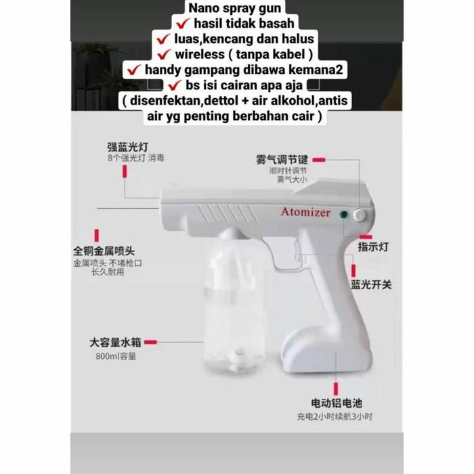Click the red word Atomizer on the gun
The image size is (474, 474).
coord(305,212)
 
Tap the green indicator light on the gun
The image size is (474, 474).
coord(344,215)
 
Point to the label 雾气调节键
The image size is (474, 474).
coord(281,160)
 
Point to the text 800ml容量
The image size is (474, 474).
coord(116,356)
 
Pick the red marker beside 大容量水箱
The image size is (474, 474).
coord(151,343)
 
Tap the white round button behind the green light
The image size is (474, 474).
coord(357,215)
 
